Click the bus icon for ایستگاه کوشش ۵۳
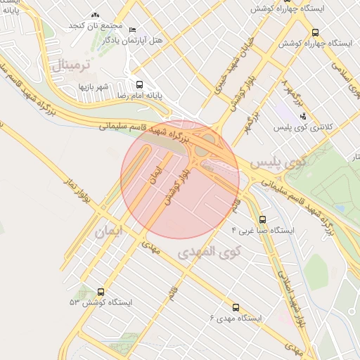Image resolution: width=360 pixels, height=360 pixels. pos(101,292)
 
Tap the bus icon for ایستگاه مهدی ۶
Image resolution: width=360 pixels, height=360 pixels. pos(235,307)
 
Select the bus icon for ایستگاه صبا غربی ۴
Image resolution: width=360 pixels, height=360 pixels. pos(263,219)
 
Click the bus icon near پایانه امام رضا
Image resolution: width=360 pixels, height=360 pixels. pos(139,84)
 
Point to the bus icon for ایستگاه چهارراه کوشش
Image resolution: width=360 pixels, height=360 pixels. pos(314,32)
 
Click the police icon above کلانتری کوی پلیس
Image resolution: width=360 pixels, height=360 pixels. pos(303,115)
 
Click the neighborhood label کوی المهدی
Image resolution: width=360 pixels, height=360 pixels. pos(209,251)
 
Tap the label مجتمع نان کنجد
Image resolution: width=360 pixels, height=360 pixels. pos(96,25)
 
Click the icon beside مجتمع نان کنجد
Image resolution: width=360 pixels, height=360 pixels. pos(96,15)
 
